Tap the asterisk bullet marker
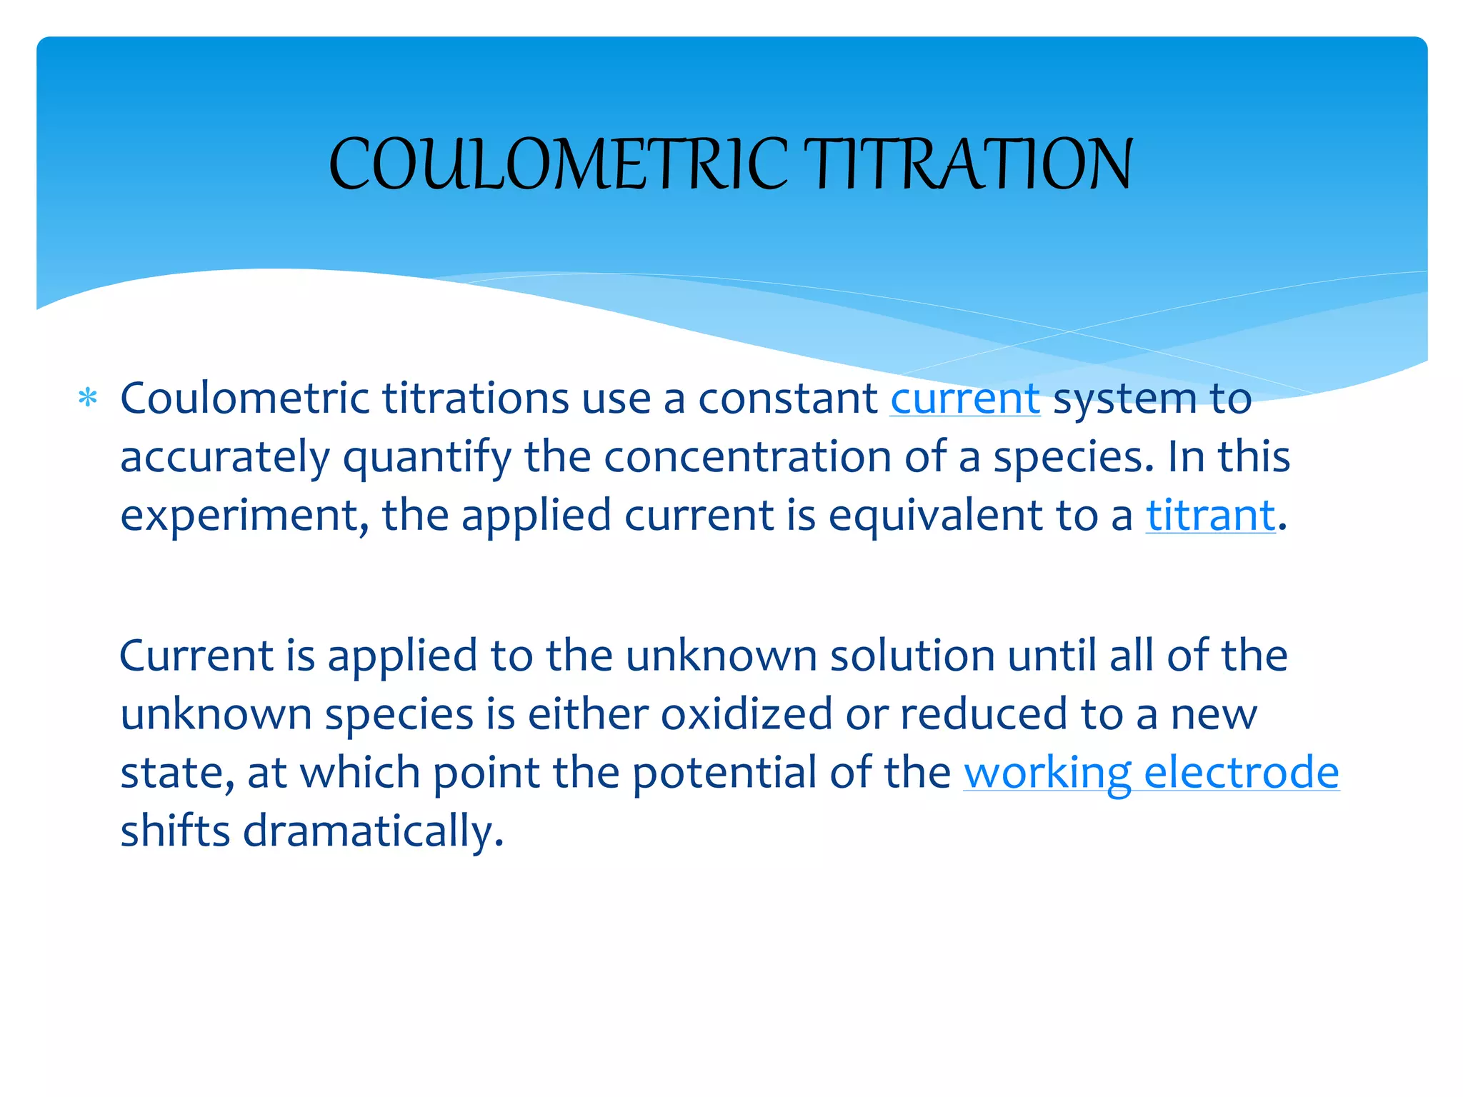[x=87, y=398]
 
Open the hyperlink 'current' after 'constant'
[x=965, y=399]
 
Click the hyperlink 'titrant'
[x=1210, y=515]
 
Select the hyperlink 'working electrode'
[x=1151, y=773]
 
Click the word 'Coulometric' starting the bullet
[x=244, y=399]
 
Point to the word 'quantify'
[x=426, y=458]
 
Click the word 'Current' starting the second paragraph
[x=197, y=656]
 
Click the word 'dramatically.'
[x=373, y=831]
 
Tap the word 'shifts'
[x=175, y=831]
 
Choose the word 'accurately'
[x=225, y=458]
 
